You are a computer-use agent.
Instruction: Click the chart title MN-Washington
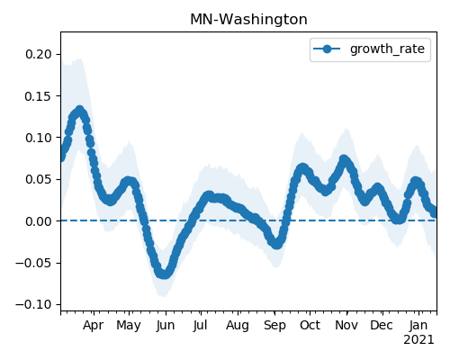(248, 20)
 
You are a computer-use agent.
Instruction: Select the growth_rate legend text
(387, 49)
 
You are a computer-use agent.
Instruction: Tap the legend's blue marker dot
(327, 49)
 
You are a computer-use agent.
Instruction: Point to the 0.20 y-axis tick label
(39, 54)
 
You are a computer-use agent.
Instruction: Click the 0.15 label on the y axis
(39, 96)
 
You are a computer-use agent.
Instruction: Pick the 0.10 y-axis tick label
(39, 138)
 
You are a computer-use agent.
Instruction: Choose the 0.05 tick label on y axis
(39, 179)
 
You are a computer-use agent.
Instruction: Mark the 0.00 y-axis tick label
(39, 221)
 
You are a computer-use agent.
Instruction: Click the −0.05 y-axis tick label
(33, 263)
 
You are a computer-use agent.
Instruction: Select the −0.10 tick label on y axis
(33, 304)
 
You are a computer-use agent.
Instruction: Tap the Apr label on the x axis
(94, 326)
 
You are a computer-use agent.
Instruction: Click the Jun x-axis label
(166, 326)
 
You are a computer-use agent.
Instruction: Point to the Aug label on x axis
(238, 326)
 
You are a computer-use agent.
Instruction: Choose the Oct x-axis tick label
(310, 326)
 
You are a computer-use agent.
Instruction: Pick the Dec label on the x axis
(382, 326)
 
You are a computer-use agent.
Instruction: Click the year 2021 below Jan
(418, 340)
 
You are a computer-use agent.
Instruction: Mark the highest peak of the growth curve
(79, 111)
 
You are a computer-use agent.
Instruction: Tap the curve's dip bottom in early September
(277, 244)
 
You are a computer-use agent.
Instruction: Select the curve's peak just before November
(344, 159)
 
